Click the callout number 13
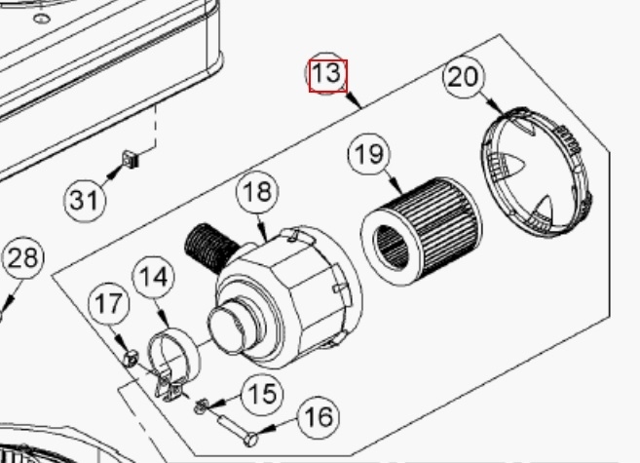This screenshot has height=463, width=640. [327, 75]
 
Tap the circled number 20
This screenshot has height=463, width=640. [464, 77]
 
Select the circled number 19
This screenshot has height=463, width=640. [369, 155]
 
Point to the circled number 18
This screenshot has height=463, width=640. [257, 192]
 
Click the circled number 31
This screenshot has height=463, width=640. [85, 201]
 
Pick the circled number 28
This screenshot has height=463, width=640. [23, 258]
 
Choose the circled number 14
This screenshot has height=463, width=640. [150, 277]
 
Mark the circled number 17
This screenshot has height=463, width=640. [109, 304]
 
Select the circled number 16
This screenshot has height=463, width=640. [318, 418]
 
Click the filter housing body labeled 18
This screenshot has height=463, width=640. [297, 292]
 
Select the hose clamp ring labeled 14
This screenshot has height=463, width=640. [174, 356]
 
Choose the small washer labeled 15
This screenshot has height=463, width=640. [201, 405]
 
